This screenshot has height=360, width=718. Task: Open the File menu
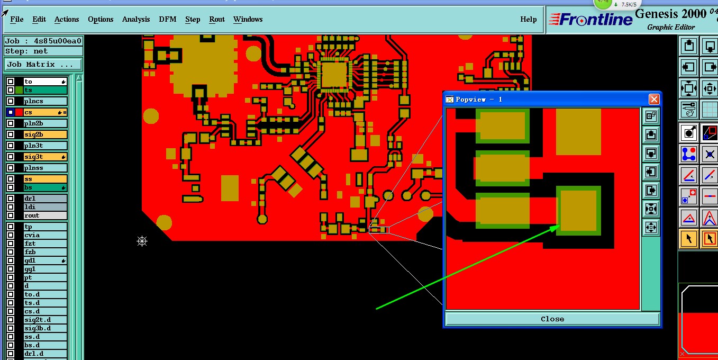[17, 19]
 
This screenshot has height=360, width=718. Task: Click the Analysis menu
[136, 19]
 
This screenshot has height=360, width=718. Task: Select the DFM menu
[168, 19]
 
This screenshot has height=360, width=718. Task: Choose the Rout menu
[217, 19]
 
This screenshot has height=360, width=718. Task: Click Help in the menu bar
[529, 19]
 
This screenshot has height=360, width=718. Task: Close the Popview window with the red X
[654, 100]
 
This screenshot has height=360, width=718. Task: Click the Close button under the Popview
[552, 319]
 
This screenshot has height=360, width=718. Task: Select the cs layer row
[45, 112]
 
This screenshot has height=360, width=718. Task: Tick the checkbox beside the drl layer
[11, 199]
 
